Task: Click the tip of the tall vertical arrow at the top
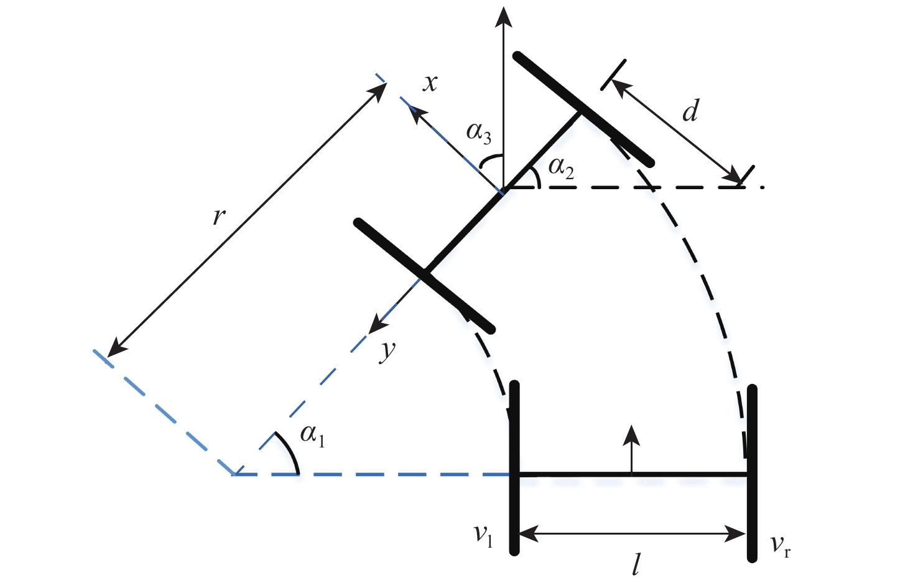(x=504, y=7)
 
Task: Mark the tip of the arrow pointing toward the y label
(x=368, y=334)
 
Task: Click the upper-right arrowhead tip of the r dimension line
(x=386, y=83)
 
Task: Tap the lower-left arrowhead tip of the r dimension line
(x=106, y=357)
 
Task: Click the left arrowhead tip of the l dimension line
(x=519, y=534)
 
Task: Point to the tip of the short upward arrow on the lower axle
(x=631, y=424)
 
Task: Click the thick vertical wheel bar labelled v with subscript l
(x=514, y=468)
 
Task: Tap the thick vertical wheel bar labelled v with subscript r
(x=751, y=473)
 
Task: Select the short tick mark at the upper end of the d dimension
(x=613, y=75)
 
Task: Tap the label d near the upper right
(x=690, y=110)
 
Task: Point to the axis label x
(x=430, y=83)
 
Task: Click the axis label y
(x=387, y=352)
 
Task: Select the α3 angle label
(x=479, y=133)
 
